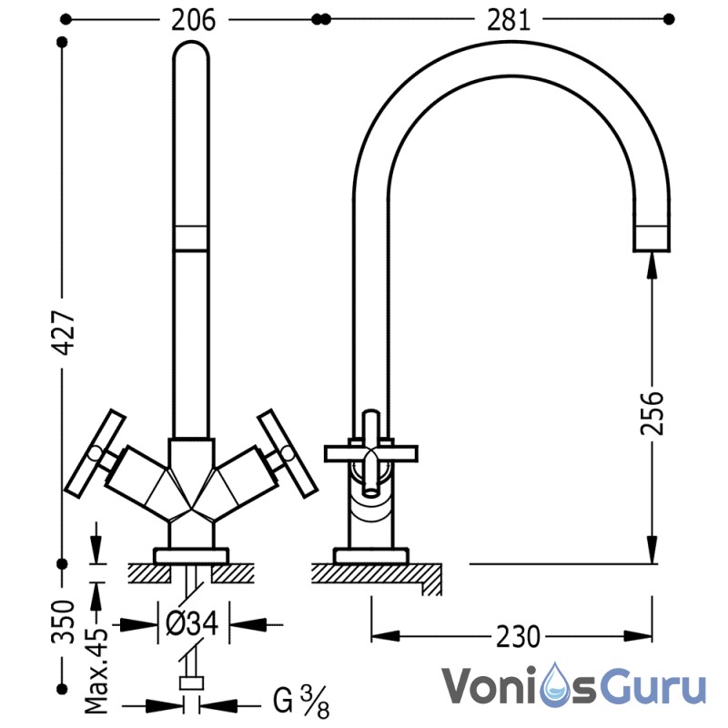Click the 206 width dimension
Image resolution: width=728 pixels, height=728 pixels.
(193, 20)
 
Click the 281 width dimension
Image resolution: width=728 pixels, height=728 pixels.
(508, 20)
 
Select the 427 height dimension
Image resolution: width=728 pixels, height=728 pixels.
(63, 332)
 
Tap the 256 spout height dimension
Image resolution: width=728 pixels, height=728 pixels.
(652, 413)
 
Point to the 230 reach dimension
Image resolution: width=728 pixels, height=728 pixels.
(518, 636)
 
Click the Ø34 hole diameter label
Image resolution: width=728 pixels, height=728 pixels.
(192, 623)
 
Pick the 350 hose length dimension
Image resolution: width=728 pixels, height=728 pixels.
(63, 622)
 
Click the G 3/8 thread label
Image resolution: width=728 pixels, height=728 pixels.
(301, 701)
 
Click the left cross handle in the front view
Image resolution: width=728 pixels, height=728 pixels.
(96, 453)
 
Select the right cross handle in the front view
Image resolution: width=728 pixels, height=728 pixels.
(288, 453)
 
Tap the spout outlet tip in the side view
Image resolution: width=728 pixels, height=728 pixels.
(652, 238)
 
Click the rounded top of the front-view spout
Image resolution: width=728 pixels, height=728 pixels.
(191, 49)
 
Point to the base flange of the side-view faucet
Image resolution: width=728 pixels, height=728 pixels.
(371, 556)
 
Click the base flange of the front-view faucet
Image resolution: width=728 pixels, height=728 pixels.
(191, 556)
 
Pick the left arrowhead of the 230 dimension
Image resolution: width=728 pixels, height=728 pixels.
(385, 636)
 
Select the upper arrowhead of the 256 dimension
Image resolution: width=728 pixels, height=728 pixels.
(652, 266)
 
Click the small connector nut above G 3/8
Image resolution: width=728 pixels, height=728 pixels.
(191, 683)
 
